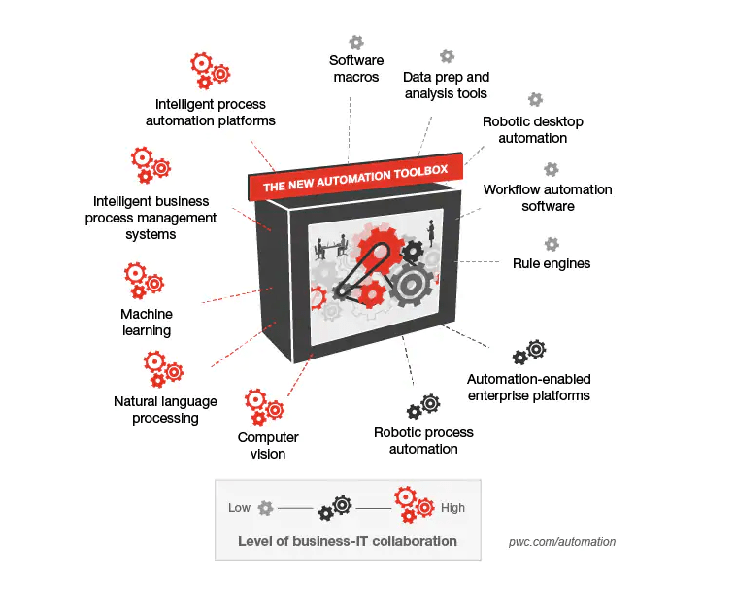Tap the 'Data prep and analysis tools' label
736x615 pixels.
(x=446, y=85)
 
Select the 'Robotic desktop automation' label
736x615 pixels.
(x=532, y=130)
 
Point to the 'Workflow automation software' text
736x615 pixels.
(x=548, y=197)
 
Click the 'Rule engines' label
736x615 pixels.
(x=551, y=263)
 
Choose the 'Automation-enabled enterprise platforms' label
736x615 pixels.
(x=528, y=387)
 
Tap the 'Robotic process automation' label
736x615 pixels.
(x=423, y=440)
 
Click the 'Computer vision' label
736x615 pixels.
(x=268, y=445)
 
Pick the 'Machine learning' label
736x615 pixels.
(x=147, y=322)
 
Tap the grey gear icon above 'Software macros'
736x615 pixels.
(x=356, y=42)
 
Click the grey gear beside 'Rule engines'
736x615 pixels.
(x=552, y=244)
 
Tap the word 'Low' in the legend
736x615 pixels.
(x=239, y=508)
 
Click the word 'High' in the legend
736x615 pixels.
(x=452, y=508)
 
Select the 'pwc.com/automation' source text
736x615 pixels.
(x=562, y=542)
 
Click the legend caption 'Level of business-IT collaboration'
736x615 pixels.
(x=347, y=541)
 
